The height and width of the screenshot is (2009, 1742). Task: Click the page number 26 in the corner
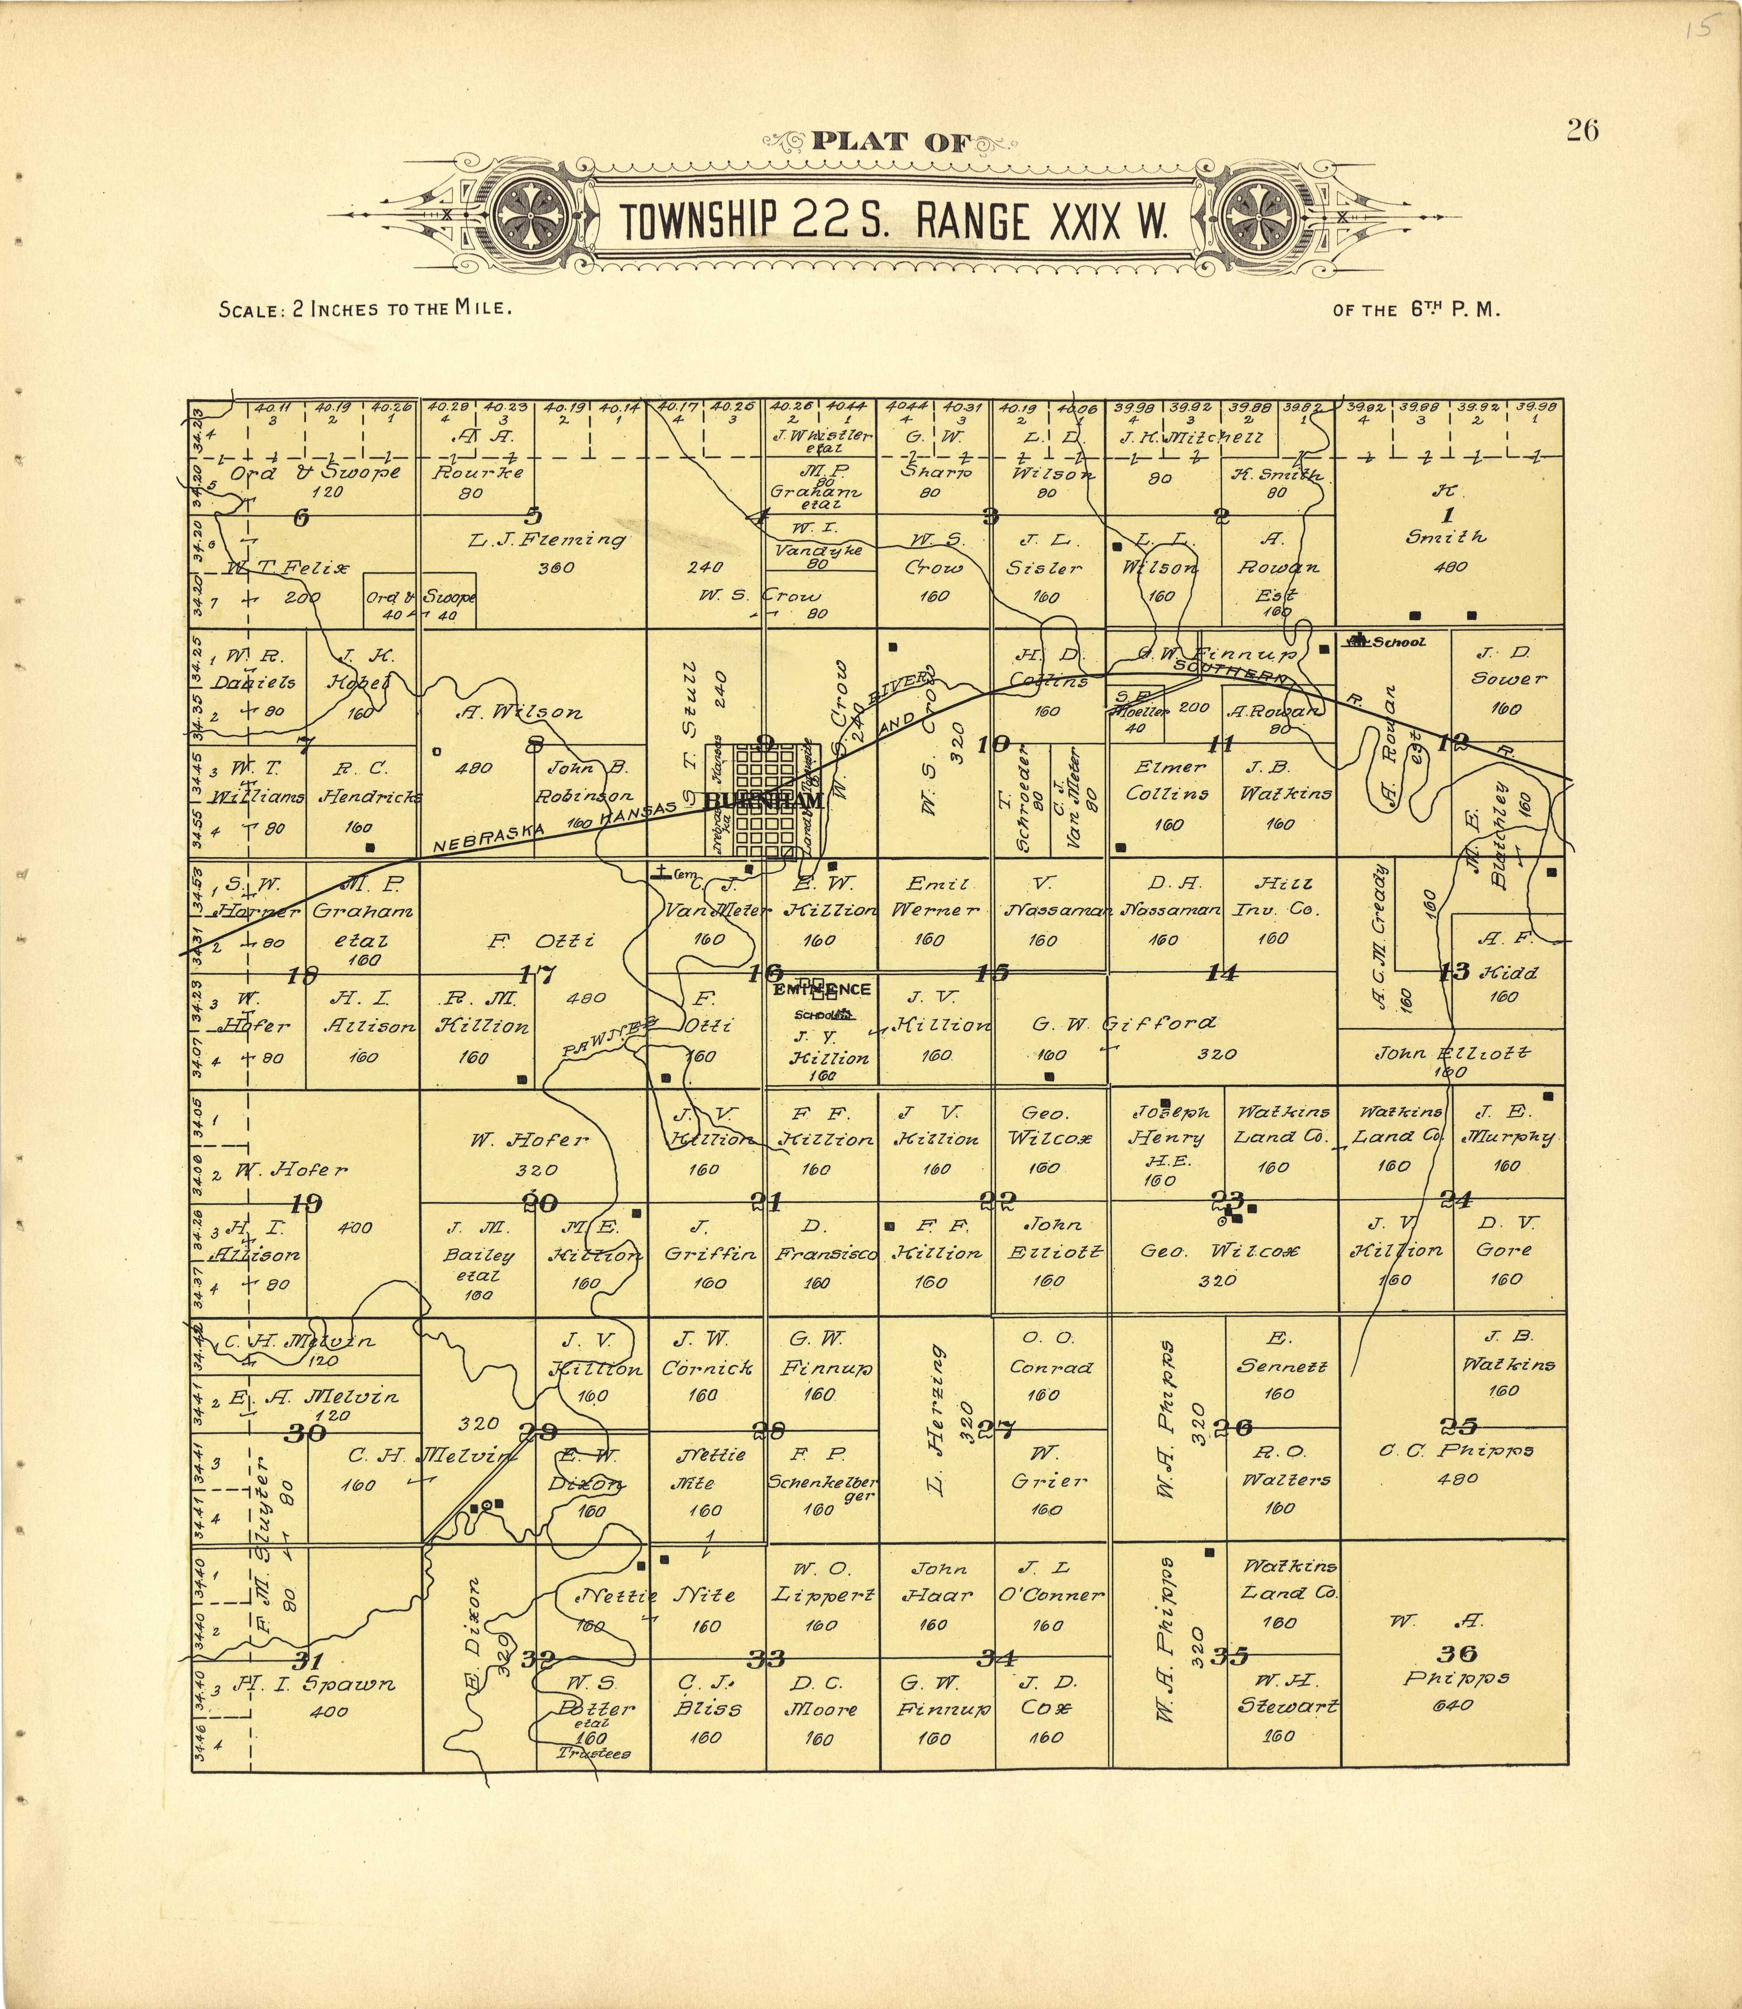[1581, 130]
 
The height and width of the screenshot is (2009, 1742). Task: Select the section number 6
[301, 517]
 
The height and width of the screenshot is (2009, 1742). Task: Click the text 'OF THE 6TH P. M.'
[1417, 311]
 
